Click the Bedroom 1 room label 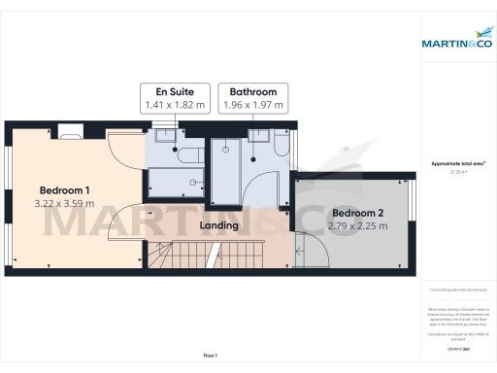pyautogui.click(x=66, y=188)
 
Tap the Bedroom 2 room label pyautogui.click(x=359, y=213)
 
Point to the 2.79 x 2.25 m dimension pyautogui.click(x=359, y=226)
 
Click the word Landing pyautogui.click(x=219, y=226)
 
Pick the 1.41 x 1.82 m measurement pyautogui.click(x=175, y=105)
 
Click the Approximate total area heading pyautogui.click(x=458, y=164)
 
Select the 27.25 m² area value pyautogui.click(x=458, y=172)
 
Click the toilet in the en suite pyautogui.click(x=190, y=155)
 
